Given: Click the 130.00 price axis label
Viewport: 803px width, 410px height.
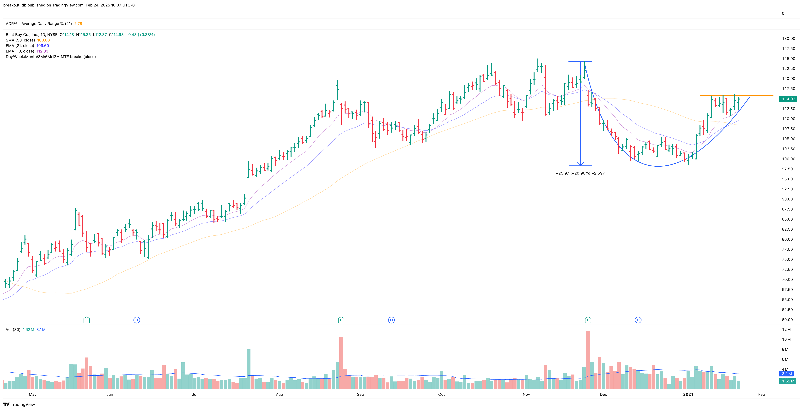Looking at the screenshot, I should (788, 39).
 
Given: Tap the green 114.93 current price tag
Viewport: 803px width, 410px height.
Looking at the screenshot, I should (788, 99).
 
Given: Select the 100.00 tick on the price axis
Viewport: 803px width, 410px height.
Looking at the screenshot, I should (788, 159).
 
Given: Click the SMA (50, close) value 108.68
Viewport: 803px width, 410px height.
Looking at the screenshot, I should (43, 40).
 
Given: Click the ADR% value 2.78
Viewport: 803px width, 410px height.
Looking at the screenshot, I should (78, 24).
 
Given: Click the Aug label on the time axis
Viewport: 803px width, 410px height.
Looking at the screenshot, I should (279, 394).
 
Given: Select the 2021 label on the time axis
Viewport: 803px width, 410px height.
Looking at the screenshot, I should (688, 394).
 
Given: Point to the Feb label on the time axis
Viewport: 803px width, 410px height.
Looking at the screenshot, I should (761, 394).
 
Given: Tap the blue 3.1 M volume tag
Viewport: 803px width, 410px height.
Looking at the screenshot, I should (787, 374).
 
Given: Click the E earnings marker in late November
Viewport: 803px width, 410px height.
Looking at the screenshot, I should (588, 320).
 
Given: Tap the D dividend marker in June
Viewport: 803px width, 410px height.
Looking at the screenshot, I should (137, 320).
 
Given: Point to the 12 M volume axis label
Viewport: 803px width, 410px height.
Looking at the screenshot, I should (786, 329).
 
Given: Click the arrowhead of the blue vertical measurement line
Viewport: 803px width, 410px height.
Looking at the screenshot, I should (580, 164).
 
